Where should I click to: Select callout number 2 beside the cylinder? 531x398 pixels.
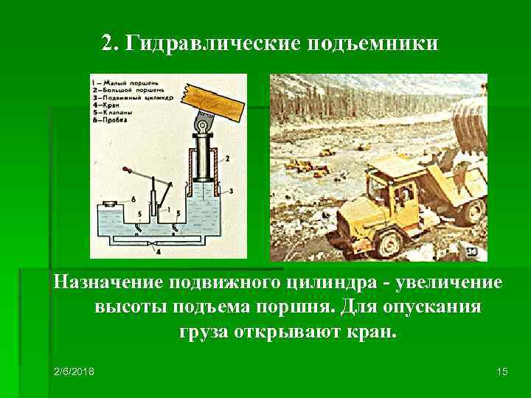click(226, 158)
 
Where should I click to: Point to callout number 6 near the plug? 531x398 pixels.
click(132, 199)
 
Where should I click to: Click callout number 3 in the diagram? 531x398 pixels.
click(231, 191)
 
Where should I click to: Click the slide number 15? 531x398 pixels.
click(502, 371)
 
